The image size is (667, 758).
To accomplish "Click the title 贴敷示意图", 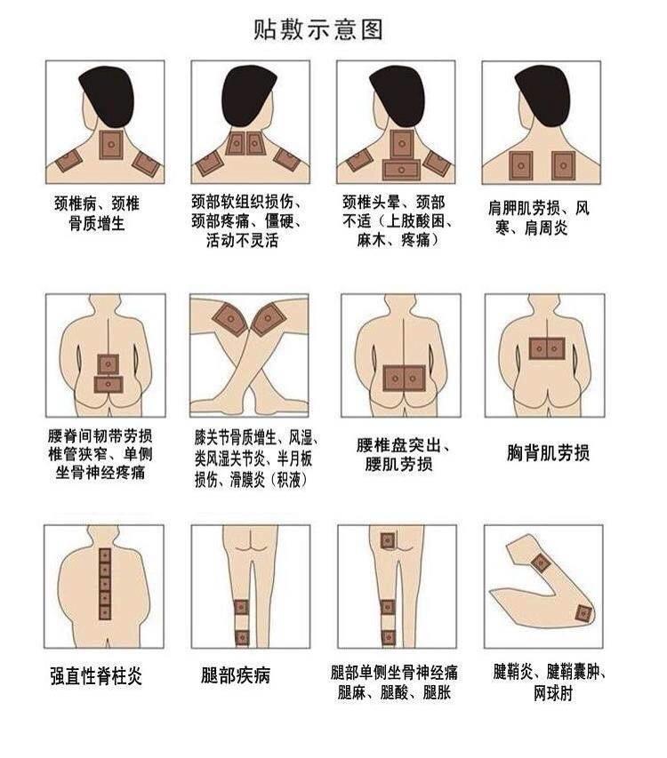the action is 318,29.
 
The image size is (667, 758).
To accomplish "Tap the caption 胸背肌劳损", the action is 548,453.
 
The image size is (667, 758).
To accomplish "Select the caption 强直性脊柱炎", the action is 96,675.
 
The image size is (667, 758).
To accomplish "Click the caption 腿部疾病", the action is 236,674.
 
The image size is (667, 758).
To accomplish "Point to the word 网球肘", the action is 553,693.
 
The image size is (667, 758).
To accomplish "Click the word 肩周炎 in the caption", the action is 546,227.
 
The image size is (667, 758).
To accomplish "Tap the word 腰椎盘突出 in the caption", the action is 398,445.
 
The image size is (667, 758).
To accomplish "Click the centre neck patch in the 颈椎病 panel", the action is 111,145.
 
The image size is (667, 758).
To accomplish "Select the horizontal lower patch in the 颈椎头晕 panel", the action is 401,170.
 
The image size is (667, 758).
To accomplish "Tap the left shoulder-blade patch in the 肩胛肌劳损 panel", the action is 521,166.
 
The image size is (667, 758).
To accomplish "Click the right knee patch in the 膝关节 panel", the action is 269,318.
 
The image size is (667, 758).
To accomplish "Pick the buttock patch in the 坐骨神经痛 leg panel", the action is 388,540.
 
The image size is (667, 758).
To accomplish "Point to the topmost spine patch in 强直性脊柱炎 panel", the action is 105,555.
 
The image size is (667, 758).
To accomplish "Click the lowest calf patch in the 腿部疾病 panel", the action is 241,637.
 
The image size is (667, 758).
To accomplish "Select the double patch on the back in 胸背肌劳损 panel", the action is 547,348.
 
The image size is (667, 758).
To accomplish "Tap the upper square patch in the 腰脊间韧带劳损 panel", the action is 108,364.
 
